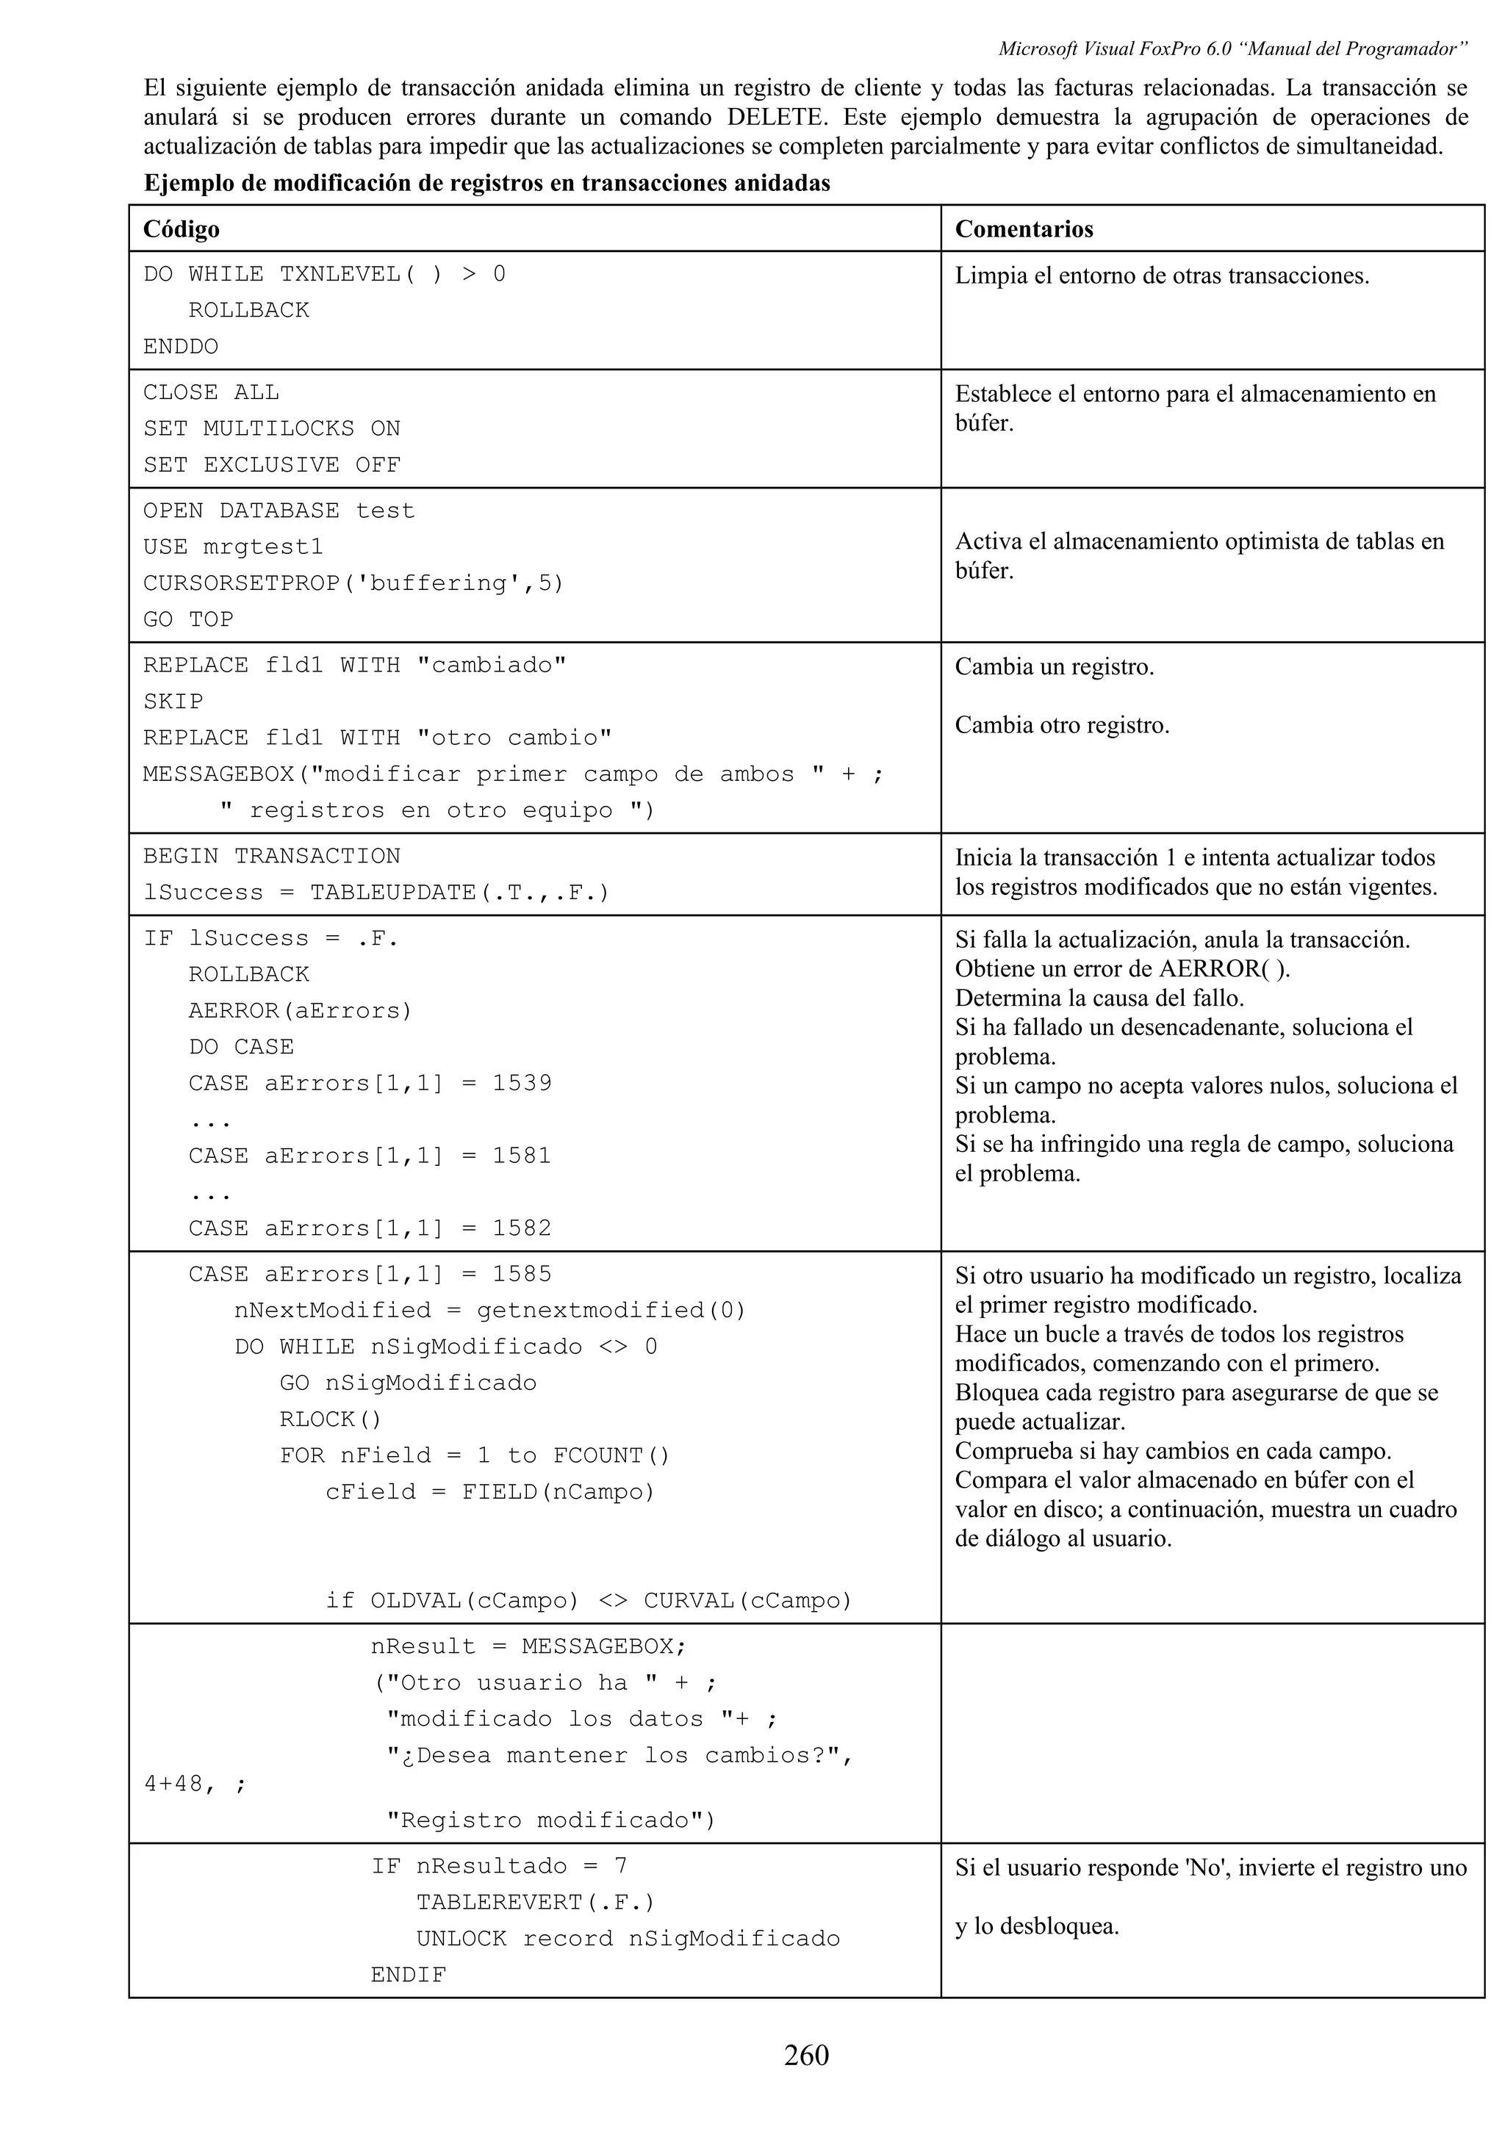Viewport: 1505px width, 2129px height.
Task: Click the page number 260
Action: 806,2056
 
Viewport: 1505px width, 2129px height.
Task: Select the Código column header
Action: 182,229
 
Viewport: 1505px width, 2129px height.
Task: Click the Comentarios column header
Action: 1024,229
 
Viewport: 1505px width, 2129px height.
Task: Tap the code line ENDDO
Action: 181,347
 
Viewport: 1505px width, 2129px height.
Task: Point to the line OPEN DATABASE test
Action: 279,511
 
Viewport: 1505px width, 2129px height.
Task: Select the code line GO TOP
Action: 188,619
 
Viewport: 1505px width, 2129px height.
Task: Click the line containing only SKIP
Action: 173,702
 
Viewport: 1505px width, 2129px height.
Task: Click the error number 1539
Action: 521,1083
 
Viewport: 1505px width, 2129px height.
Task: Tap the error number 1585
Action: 521,1274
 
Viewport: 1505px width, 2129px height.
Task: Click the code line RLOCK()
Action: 330,1419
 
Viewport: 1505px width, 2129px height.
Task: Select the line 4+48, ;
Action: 195,1783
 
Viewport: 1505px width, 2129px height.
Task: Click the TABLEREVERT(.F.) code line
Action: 535,1903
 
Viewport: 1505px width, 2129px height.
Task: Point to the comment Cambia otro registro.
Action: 1062,725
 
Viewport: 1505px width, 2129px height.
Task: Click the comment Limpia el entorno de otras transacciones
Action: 1162,275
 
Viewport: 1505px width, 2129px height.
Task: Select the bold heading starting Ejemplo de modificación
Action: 486,184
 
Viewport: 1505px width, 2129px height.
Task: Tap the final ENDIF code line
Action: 408,1975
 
